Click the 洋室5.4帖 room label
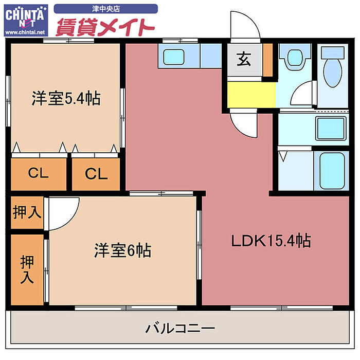(65, 98)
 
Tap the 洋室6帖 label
(122, 251)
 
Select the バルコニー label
(179, 327)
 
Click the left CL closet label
(39, 173)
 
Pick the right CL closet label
(96, 174)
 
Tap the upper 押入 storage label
(27, 212)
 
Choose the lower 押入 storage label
(27, 270)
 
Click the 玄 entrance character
(244, 60)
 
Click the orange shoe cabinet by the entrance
(267, 60)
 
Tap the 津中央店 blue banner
(105, 8)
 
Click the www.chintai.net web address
(25, 32)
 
